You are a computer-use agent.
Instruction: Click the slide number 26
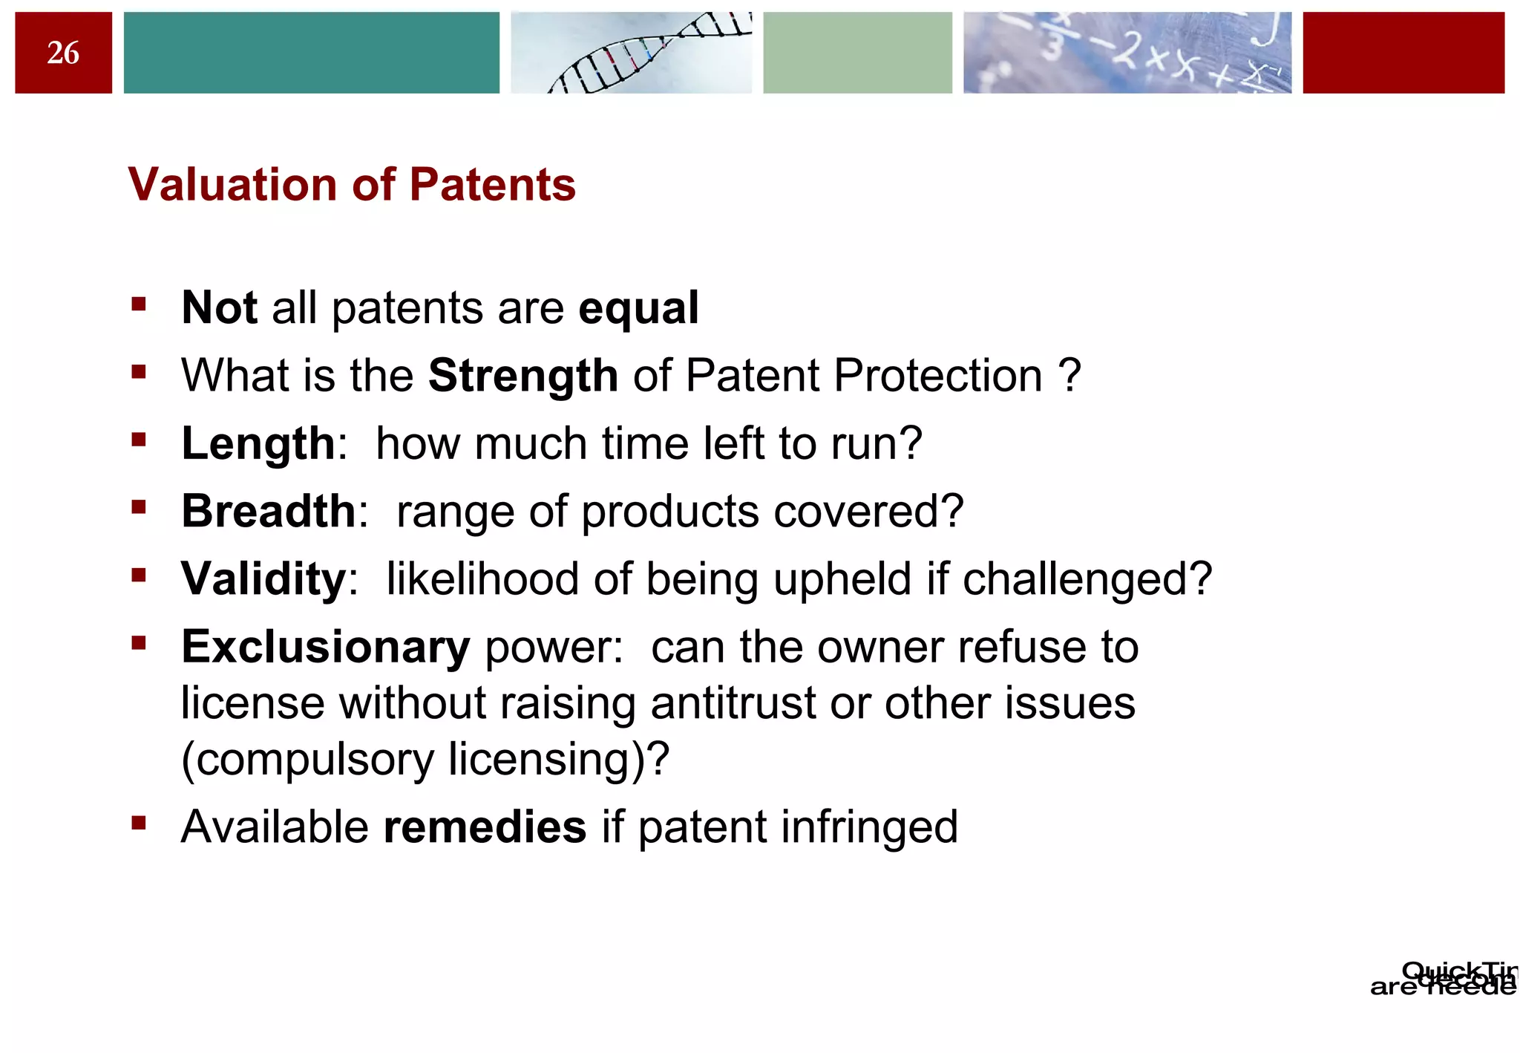pos(63,53)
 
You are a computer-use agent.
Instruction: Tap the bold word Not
pos(219,308)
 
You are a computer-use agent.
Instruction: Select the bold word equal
pos(638,308)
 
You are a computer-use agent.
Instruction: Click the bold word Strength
pos(523,376)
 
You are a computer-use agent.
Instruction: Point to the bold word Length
pos(258,444)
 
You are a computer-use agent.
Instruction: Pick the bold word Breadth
pos(269,512)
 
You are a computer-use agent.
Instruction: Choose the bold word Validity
pos(263,579)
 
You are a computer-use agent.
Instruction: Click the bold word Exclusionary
pos(326,647)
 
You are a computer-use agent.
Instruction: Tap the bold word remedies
pos(485,827)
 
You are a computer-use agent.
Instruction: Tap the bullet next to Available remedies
pos(139,822)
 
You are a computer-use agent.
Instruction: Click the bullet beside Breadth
pos(139,507)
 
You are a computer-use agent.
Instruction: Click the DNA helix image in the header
pos(631,53)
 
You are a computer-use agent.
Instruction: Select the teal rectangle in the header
pos(311,53)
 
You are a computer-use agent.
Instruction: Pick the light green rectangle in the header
pos(857,53)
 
